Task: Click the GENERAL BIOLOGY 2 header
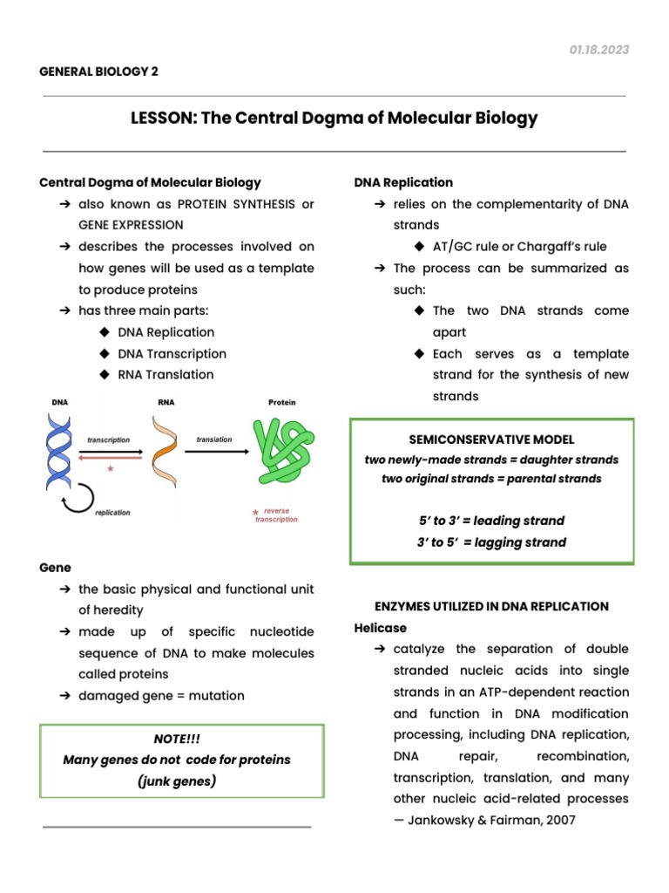click(99, 72)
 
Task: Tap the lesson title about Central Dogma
click(334, 118)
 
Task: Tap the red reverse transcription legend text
click(276, 515)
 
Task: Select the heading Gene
click(55, 568)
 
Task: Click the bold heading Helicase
click(381, 628)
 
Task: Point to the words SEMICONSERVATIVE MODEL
click(491, 440)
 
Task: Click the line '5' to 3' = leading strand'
click(491, 521)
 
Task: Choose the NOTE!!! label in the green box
click(182, 739)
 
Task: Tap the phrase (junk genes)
click(177, 781)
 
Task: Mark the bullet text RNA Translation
click(166, 375)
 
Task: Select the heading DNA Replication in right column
click(403, 182)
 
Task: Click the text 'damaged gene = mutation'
click(161, 696)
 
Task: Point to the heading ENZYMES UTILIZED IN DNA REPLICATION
click(491, 606)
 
